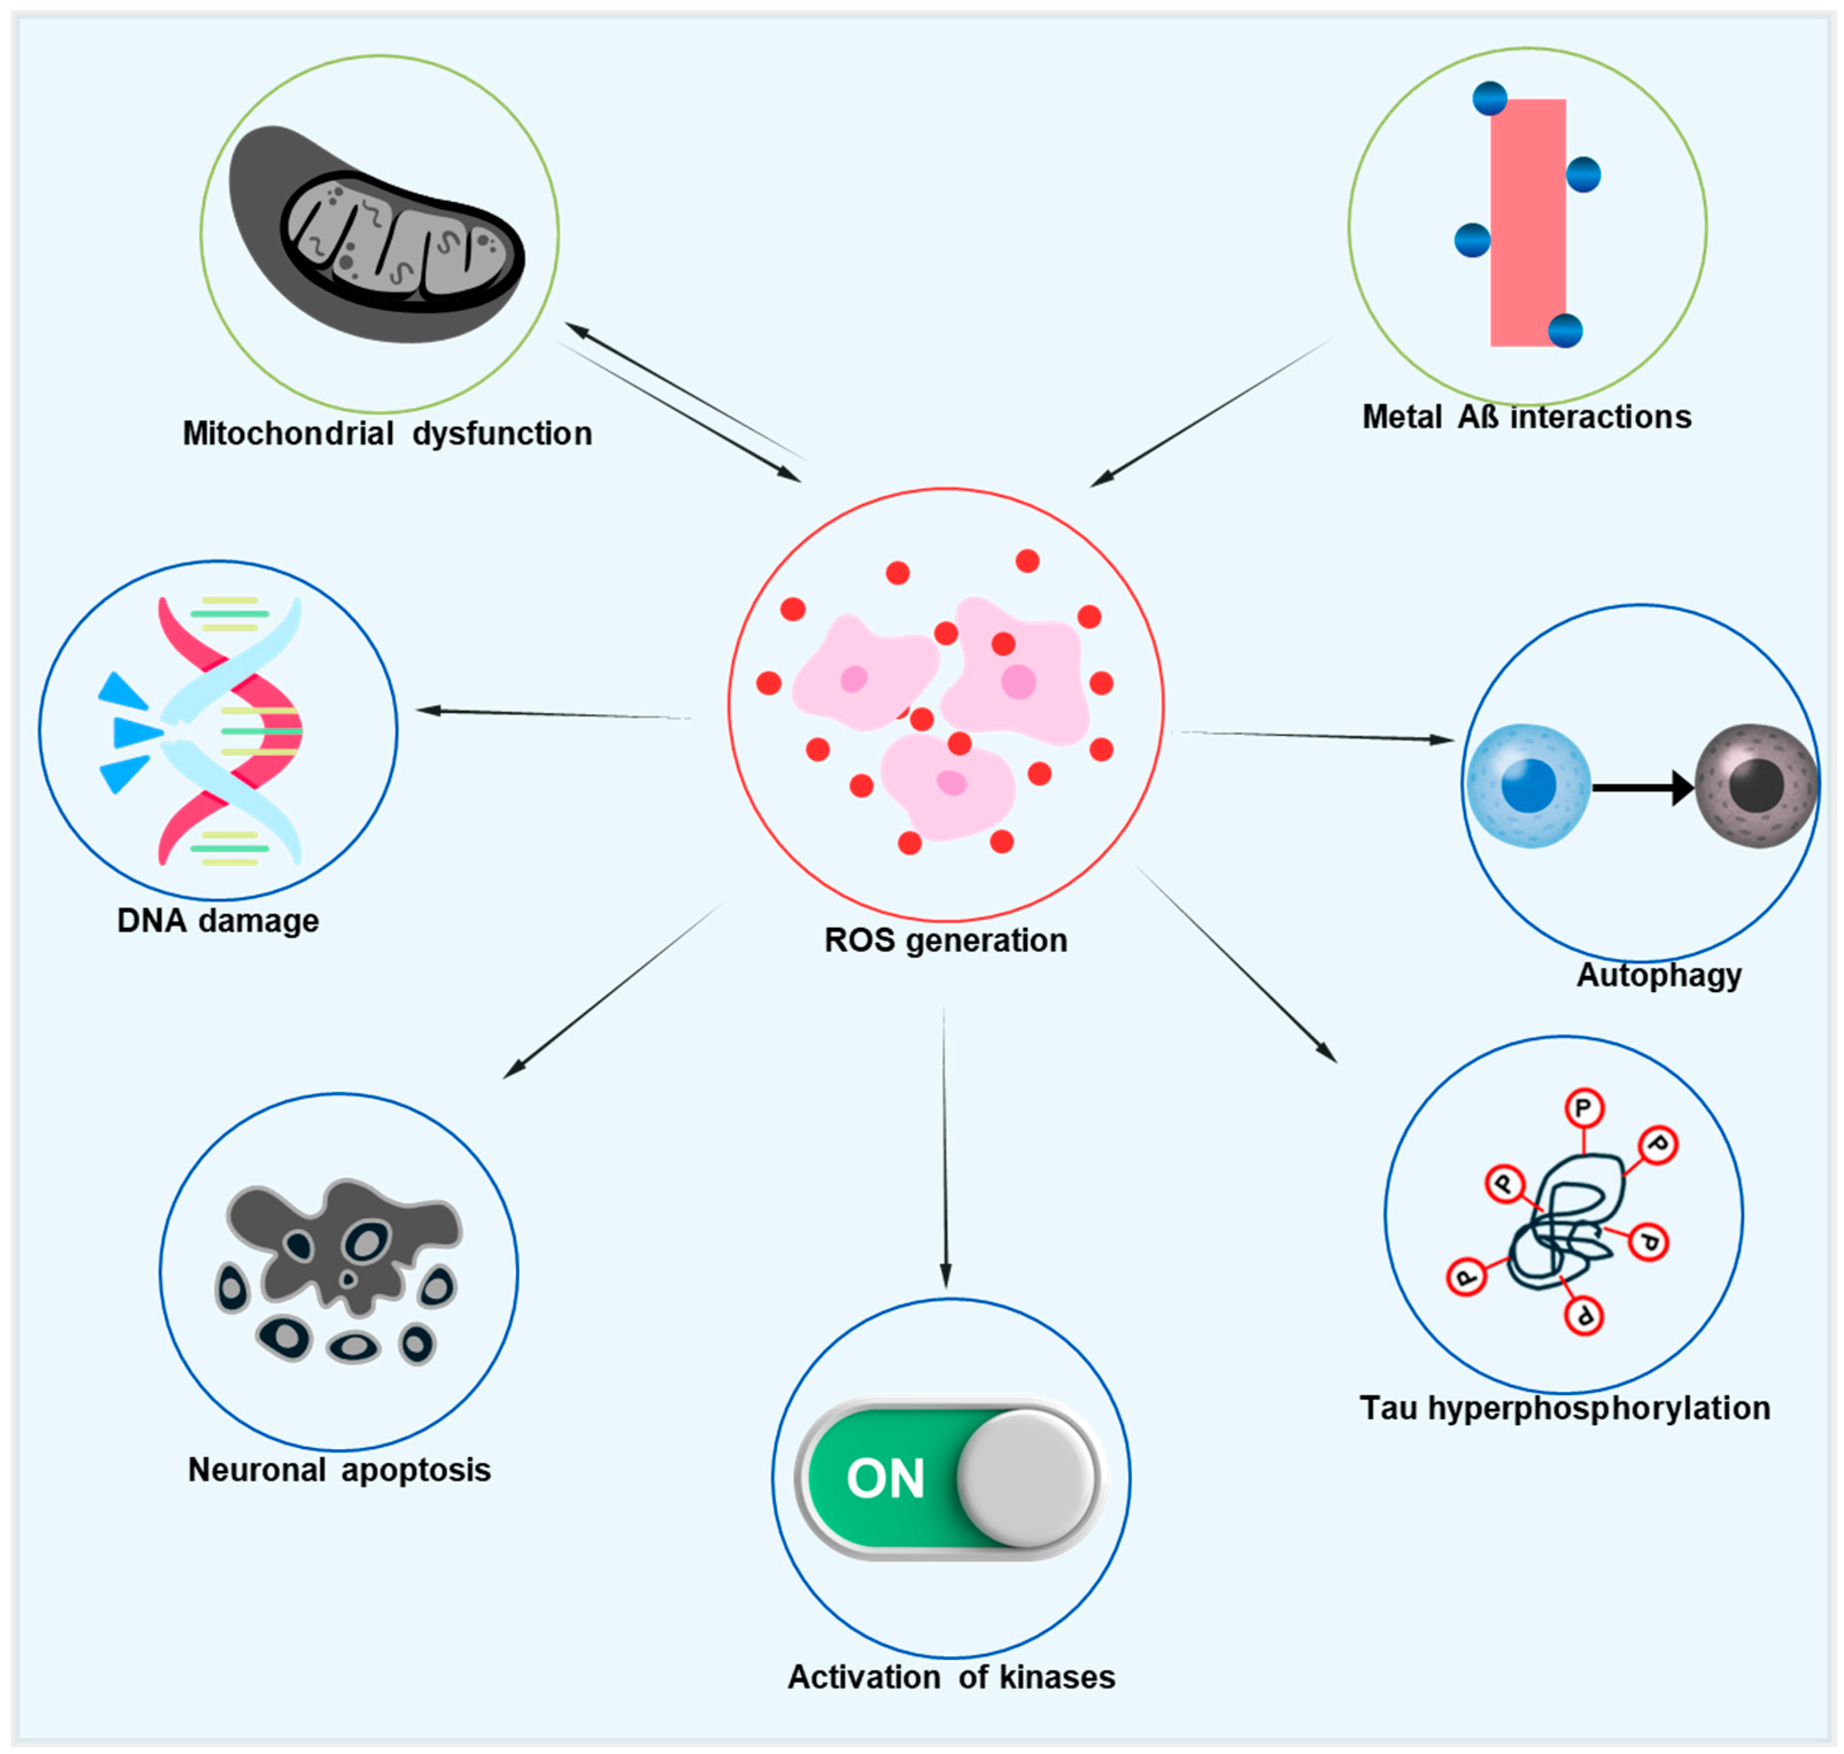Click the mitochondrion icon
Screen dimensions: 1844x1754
(377, 234)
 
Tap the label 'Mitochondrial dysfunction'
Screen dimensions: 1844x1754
(387, 434)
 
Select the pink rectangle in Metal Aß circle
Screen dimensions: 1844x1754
(1527, 223)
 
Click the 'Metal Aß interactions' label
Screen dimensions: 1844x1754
(1526, 417)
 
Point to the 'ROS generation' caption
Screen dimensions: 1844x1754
(946, 940)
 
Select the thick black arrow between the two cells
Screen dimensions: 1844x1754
(1643, 787)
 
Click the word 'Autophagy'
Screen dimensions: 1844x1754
(1659, 975)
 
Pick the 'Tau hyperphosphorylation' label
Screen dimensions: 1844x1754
(1564, 1408)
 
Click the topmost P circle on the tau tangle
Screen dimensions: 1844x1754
(1583, 1109)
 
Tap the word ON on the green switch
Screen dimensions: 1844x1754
(885, 1478)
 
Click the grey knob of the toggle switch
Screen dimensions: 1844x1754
(1026, 1478)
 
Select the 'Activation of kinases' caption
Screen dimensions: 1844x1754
(951, 1677)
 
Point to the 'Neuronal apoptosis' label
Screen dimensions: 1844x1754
(339, 1470)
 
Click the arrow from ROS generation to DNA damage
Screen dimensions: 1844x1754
(553, 714)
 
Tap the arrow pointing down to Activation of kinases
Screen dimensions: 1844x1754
(944, 1148)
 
